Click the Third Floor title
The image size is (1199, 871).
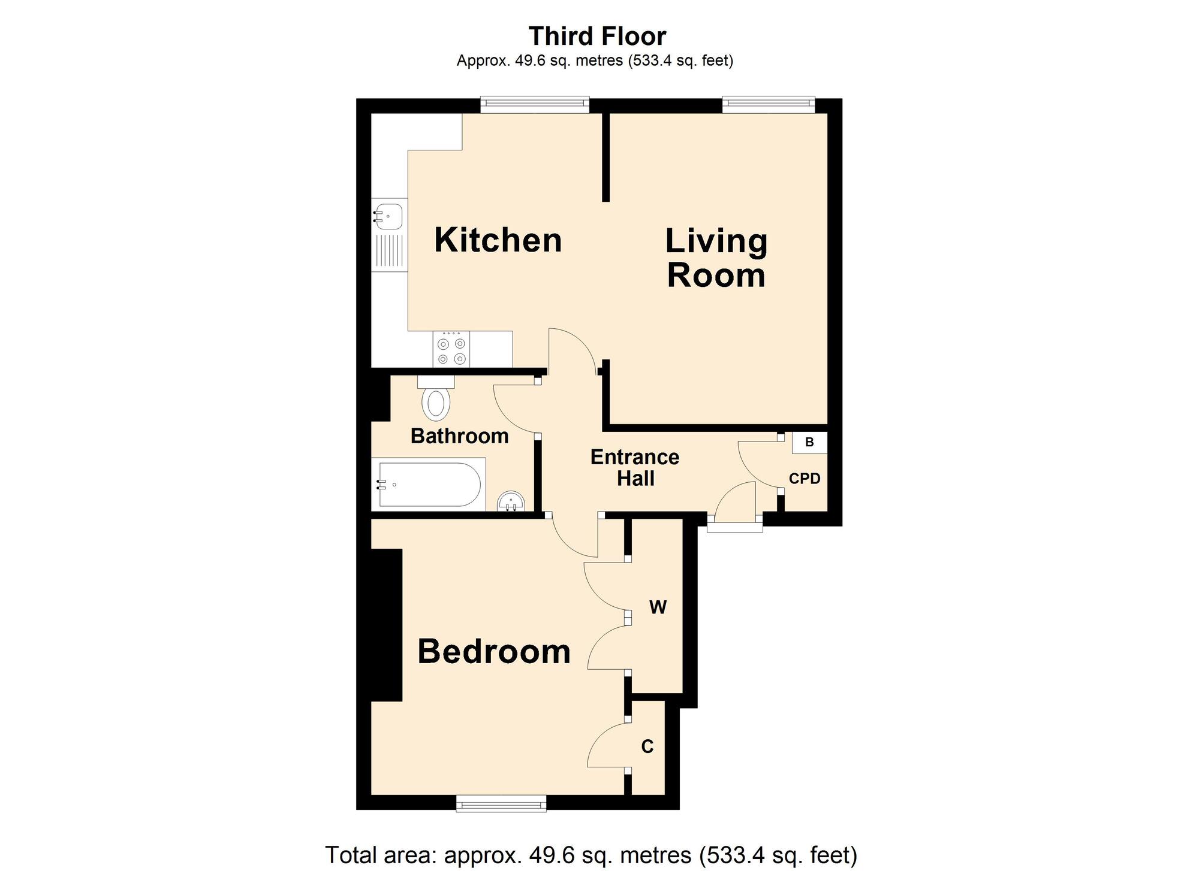[597, 36]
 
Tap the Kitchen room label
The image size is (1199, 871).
[498, 240]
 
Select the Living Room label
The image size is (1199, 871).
[716, 258]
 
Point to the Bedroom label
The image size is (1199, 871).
[494, 651]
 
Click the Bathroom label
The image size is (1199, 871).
[460, 435]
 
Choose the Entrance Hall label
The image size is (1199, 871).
[635, 468]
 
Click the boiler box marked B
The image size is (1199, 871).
[809, 443]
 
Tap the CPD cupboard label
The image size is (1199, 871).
[805, 479]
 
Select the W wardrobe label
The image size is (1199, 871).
[658, 607]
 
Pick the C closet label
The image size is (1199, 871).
[647, 746]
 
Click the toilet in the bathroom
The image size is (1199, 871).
[436, 397]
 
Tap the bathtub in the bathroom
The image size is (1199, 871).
[428, 484]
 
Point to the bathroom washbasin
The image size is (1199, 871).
[511, 502]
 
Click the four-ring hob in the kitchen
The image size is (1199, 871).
[451, 349]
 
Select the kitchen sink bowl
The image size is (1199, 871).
[388, 216]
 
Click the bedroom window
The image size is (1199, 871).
[501, 803]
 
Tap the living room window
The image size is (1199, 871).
[769, 104]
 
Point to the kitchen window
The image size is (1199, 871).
[535, 104]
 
